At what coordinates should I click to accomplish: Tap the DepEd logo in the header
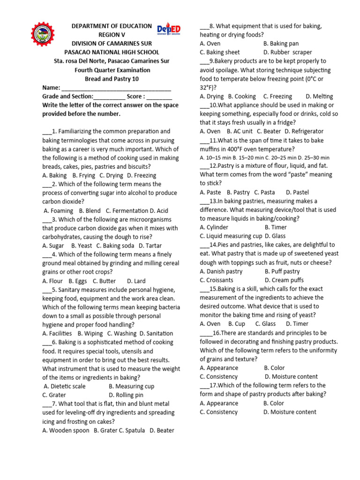tap(169, 30)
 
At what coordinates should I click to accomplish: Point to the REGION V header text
tap(112, 35)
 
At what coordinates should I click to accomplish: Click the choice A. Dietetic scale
tap(65, 386)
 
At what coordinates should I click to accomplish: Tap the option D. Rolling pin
tap(128, 395)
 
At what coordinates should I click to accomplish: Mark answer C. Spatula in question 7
tap(132, 430)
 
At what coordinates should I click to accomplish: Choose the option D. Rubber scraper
tap(287, 52)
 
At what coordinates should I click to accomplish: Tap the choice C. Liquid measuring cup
tap(231, 236)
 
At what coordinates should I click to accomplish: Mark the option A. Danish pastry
tap(221, 271)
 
